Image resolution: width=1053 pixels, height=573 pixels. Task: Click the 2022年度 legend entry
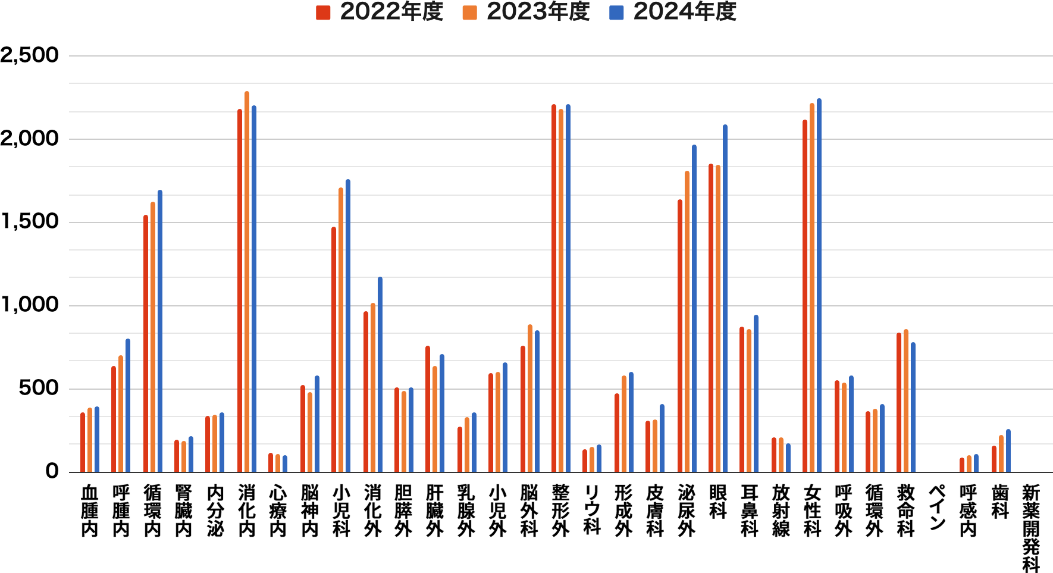pyautogui.click(x=380, y=12)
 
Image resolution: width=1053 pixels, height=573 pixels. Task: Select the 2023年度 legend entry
pyautogui.click(x=526, y=12)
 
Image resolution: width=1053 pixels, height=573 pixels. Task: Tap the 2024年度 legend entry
pyautogui.click(x=673, y=12)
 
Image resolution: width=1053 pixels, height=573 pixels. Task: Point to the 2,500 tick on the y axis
pyautogui.click(x=30, y=55)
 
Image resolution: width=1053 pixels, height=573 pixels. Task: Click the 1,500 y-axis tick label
pyautogui.click(x=30, y=222)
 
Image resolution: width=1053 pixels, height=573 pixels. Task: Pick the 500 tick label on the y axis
pyautogui.click(x=39, y=389)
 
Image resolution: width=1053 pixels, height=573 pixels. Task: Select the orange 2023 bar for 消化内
pyautogui.click(x=247, y=283)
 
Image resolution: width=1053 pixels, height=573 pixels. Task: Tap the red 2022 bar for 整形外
pyautogui.click(x=554, y=289)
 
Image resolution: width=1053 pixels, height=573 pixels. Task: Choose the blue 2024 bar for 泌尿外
pyautogui.click(x=694, y=309)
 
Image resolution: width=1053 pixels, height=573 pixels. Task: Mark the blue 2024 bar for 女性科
pyautogui.click(x=819, y=286)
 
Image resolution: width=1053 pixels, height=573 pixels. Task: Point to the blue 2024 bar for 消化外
pyautogui.click(x=380, y=375)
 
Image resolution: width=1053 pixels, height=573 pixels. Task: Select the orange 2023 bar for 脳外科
pyautogui.click(x=530, y=399)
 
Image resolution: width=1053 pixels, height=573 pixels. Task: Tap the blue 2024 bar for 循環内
pyautogui.click(x=160, y=331)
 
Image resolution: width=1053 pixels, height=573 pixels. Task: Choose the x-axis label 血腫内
pyautogui.click(x=89, y=511)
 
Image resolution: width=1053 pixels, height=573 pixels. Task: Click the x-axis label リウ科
pyautogui.click(x=592, y=509)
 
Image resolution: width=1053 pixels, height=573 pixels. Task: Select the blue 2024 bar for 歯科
pyautogui.click(x=1008, y=451)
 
